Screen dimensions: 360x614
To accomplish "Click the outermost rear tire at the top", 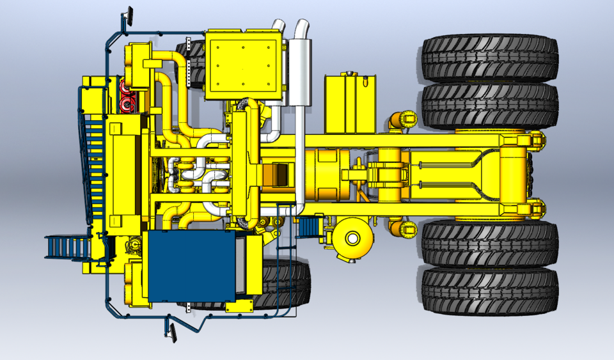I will [x=489, y=58].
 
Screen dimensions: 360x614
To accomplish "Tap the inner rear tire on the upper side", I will [x=489, y=106].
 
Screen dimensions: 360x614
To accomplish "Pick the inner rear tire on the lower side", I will [x=489, y=243].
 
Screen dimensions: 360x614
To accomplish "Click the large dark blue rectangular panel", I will [x=189, y=265].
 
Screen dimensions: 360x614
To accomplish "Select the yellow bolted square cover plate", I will [x=244, y=64].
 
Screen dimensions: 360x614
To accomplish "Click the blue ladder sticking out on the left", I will [x=67, y=247].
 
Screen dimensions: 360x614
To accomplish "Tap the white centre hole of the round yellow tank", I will [x=351, y=239].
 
